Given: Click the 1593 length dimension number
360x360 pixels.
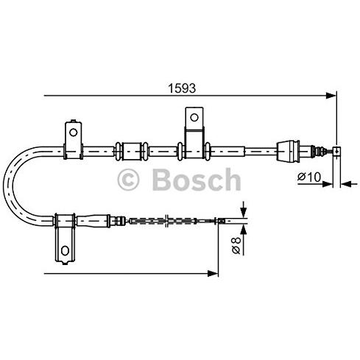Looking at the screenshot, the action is pyautogui.click(x=182, y=88).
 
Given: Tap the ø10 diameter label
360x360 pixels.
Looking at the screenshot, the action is pyautogui.click(x=309, y=177).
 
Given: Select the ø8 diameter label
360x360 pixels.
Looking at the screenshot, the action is pyautogui.click(x=236, y=245).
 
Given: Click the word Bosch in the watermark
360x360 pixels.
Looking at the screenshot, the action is pyautogui.click(x=197, y=180).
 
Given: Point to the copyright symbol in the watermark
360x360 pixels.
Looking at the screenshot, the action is pyautogui.click(x=128, y=180).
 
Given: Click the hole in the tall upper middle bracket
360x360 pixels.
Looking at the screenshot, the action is pyautogui.click(x=194, y=117).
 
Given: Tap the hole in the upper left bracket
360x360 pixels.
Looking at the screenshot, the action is pyautogui.click(x=73, y=133).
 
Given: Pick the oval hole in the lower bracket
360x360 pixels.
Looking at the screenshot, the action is pyautogui.click(x=65, y=250).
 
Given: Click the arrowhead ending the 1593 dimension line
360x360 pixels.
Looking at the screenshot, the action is pyautogui.click(x=331, y=96).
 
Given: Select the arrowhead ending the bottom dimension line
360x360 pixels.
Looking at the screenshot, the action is pyautogui.click(x=213, y=273).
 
